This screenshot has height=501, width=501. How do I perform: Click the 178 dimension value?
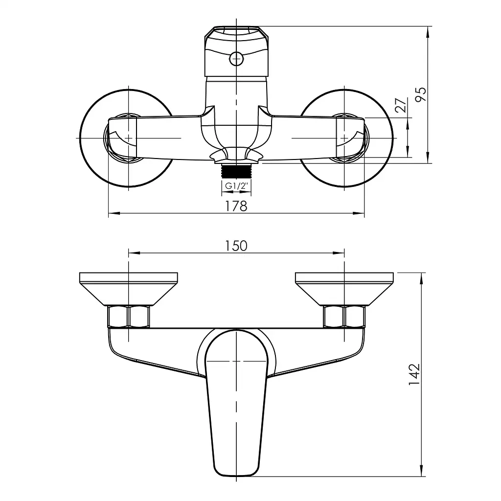[236, 206]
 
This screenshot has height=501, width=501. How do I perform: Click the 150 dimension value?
[236, 246]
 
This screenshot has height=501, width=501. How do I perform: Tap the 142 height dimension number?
[414, 374]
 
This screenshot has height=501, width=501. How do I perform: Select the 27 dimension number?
[401, 105]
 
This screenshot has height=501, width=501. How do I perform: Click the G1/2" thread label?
[236, 186]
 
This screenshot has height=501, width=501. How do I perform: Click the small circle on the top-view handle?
[236, 59]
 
